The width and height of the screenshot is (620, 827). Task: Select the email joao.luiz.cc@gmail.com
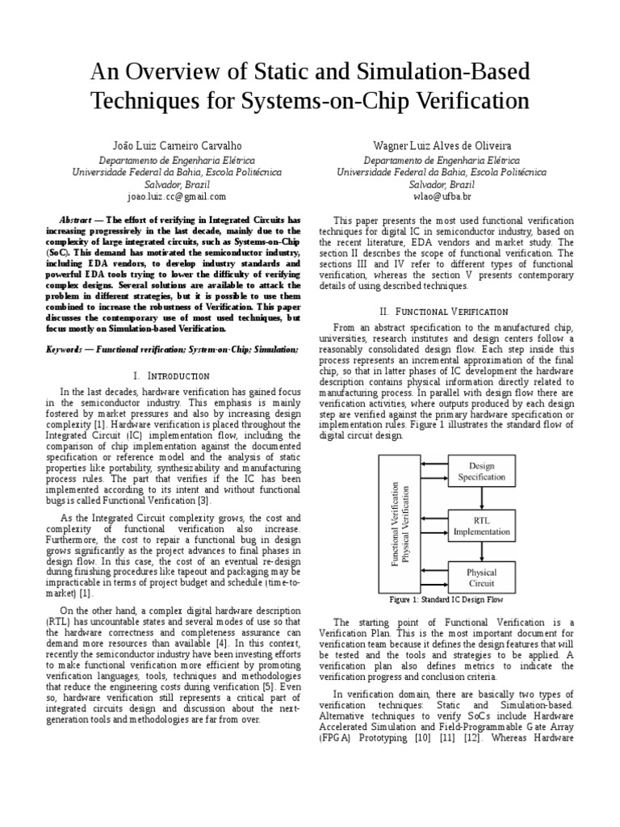pos(177,196)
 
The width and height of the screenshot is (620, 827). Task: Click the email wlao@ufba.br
pos(442,196)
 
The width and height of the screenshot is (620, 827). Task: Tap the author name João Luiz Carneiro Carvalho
pos(177,145)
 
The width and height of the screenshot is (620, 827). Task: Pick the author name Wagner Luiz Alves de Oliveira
pos(442,145)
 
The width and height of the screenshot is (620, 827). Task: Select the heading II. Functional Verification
pos(442,311)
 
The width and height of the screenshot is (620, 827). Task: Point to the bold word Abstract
pos(76,220)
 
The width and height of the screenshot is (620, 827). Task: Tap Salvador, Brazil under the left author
pos(177,184)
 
